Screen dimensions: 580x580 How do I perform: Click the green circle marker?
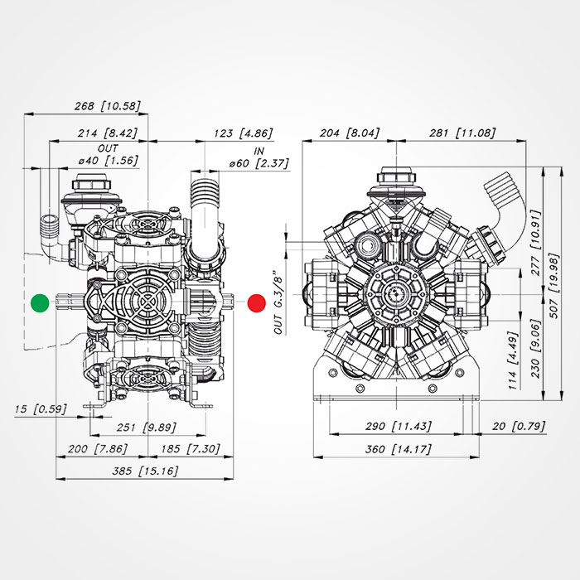pyautogui.click(x=39, y=302)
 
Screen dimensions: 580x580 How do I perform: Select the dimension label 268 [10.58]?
pyautogui.click(x=107, y=105)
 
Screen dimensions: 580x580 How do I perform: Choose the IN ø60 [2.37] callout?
pyautogui.click(x=259, y=157)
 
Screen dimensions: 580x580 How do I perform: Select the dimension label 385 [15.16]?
pyautogui.click(x=146, y=471)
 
